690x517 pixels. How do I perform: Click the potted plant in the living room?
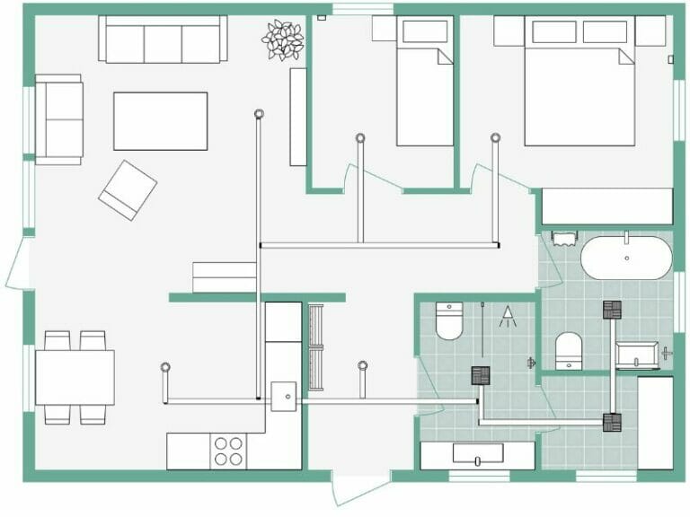(x=282, y=39)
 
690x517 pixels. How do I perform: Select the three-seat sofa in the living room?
(x=163, y=40)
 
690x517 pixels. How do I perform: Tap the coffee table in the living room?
(x=160, y=121)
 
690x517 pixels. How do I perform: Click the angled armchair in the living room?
(x=128, y=189)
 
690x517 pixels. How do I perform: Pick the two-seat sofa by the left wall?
(x=59, y=119)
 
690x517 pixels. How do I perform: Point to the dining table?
(x=75, y=377)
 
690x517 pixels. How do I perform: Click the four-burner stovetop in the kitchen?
(x=228, y=451)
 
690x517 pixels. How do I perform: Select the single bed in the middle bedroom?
(x=425, y=85)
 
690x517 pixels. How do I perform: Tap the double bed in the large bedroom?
(x=579, y=85)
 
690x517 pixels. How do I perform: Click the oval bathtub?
(x=626, y=258)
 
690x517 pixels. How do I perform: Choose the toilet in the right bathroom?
(x=569, y=350)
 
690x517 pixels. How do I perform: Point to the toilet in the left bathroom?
(x=449, y=320)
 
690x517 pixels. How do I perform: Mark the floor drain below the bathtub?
(x=613, y=310)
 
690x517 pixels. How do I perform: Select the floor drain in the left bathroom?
(x=481, y=376)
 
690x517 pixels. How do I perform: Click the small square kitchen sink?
(x=284, y=395)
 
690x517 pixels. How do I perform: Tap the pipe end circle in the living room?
(x=259, y=114)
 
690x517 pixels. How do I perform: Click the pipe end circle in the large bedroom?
(x=495, y=137)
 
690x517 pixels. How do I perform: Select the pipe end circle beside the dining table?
(x=165, y=367)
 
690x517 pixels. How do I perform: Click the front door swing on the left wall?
(x=18, y=263)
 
